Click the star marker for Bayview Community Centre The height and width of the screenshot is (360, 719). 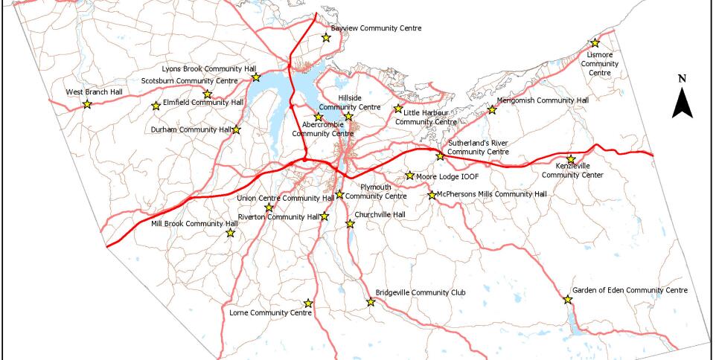tap(325, 38)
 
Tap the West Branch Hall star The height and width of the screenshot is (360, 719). tap(87, 104)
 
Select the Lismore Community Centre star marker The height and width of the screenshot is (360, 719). tap(595, 44)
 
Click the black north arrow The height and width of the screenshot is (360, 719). tap(683, 103)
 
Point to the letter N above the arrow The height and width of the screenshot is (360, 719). tap(683, 78)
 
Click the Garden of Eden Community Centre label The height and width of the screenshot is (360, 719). tap(630, 290)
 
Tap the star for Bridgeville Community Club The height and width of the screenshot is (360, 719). tap(371, 302)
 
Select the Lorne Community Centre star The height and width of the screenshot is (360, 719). tap(308, 303)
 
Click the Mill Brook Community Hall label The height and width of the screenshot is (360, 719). tap(187, 223)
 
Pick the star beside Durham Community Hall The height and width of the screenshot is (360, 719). tap(236, 130)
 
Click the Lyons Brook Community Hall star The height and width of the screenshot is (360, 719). tap(255, 77)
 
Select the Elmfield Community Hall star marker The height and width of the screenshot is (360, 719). tap(156, 106)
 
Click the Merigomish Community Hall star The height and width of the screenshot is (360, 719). tap(491, 110)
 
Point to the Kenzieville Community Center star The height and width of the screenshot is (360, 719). tap(571, 159)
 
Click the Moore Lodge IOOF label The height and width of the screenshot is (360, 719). tap(447, 177)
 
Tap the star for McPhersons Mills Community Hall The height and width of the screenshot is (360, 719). tap(432, 195)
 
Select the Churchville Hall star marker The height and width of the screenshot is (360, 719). tap(350, 223)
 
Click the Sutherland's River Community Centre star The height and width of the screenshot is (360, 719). tap(440, 156)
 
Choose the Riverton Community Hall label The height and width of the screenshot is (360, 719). tap(278, 217)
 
